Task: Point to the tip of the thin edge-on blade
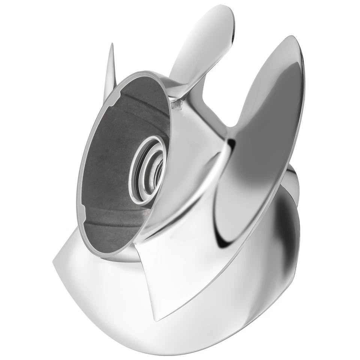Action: [112, 45]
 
